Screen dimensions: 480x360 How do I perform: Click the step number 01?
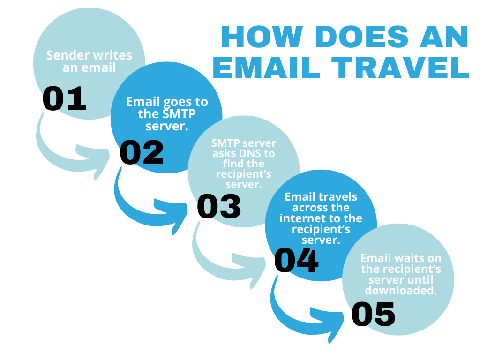tap(64, 98)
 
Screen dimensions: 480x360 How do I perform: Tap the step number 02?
tap(142, 152)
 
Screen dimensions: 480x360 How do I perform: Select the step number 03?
tap(219, 206)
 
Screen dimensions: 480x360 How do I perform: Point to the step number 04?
tap(296, 260)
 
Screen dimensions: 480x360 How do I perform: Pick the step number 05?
tap(374, 314)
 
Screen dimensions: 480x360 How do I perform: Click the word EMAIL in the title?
tap(266, 67)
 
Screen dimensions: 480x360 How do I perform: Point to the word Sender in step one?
tap(68, 55)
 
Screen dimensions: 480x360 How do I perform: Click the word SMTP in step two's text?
tap(179, 114)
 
